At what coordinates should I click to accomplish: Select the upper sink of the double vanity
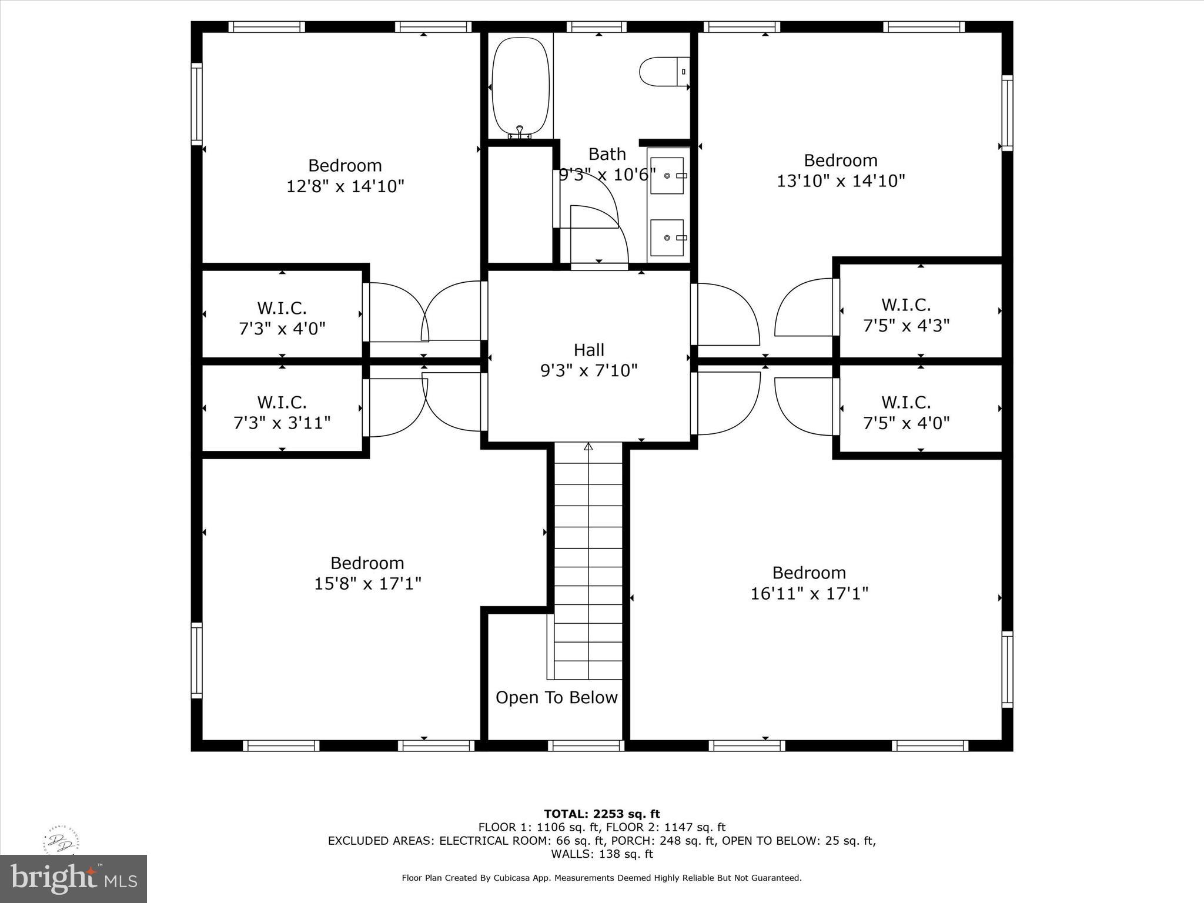667,176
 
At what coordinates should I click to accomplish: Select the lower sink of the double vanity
667,238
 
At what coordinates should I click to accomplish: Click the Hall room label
588,350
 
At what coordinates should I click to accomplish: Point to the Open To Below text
556,698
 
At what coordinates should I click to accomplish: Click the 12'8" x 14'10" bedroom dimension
345,187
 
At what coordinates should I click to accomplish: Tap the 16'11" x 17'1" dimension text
809,594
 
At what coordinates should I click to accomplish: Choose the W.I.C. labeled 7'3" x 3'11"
282,413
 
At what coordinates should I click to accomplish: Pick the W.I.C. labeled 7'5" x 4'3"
906,315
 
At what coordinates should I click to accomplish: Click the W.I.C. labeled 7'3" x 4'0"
282,318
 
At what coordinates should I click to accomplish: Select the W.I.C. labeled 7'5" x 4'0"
906,413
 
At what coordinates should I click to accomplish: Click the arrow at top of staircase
588,447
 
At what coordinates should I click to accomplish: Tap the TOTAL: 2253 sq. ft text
601,814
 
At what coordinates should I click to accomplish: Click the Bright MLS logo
73,878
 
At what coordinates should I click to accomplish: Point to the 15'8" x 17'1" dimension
367,584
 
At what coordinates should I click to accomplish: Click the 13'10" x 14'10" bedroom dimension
841,181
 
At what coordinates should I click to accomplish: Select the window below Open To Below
586,745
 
